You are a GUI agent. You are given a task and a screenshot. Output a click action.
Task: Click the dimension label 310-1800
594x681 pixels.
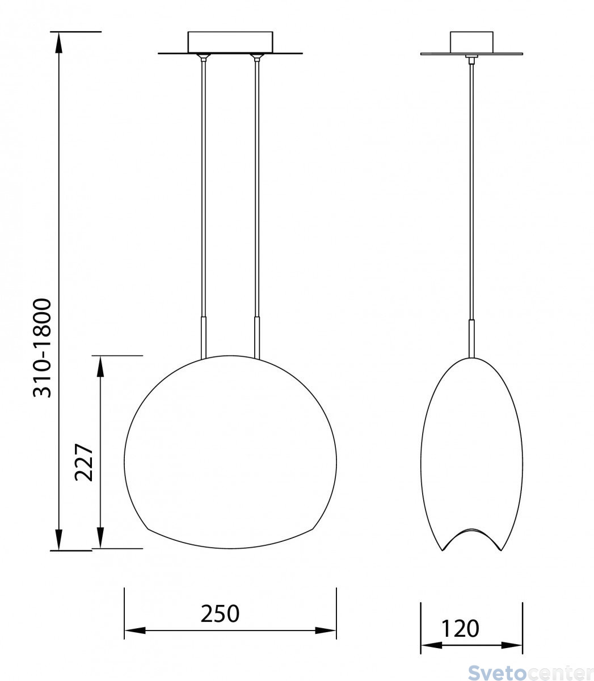(42, 348)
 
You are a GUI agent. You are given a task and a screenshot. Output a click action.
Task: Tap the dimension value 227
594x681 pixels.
(83, 463)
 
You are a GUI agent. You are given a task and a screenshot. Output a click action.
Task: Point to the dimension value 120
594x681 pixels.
(460, 628)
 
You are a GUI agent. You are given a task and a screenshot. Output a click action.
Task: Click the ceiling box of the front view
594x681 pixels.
(230, 42)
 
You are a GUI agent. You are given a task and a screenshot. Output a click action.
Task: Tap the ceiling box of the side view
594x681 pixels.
(471, 42)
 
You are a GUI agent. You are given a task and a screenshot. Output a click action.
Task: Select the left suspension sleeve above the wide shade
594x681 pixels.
(204, 338)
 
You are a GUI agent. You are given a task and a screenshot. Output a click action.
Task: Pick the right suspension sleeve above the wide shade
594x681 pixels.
(257, 338)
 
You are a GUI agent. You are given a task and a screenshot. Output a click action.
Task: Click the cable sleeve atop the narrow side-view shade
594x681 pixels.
(471, 338)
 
